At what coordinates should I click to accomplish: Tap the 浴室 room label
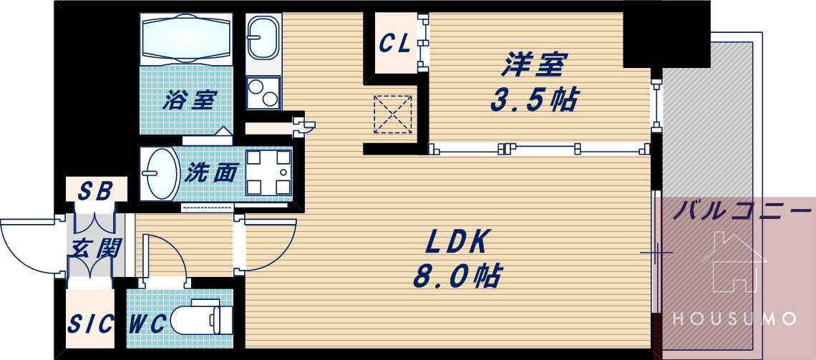point(188,99)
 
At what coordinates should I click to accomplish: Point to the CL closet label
point(394,44)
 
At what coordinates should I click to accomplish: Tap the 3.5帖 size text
point(533,101)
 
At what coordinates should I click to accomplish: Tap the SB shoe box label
point(94,192)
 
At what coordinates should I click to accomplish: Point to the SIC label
point(91,325)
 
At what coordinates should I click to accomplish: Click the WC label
point(148,324)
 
